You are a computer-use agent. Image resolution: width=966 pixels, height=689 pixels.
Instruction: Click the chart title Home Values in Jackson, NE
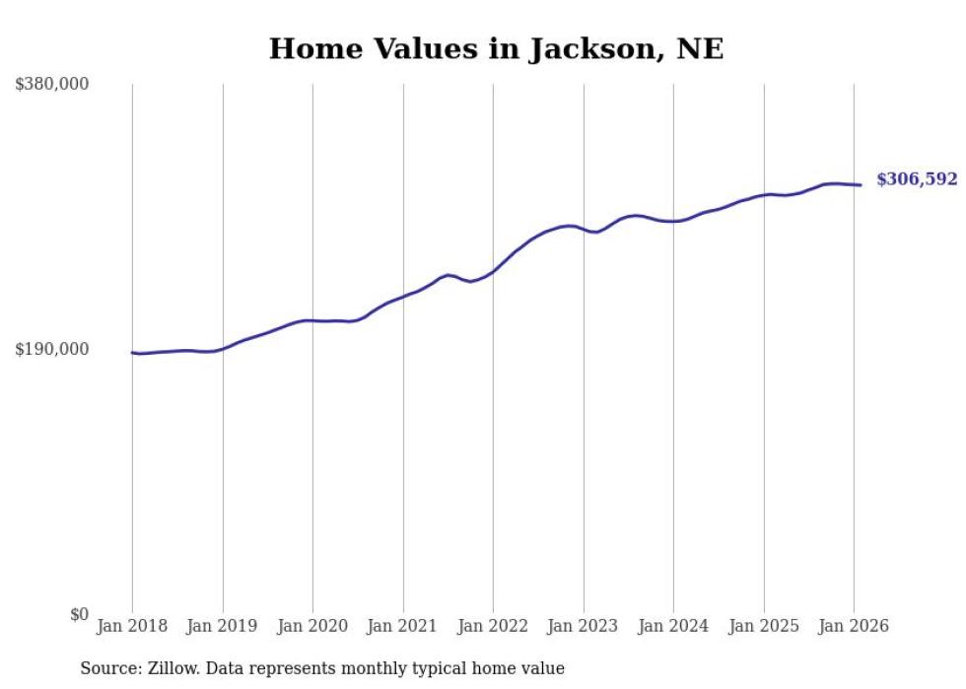click(496, 49)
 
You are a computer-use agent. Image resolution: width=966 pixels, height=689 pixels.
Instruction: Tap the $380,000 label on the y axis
click(52, 85)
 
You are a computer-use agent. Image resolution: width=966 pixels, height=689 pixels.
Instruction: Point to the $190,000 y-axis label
click(52, 349)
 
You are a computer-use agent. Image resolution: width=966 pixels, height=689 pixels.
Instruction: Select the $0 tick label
click(79, 614)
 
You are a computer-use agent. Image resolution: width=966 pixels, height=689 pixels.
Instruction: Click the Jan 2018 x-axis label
click(132, 626)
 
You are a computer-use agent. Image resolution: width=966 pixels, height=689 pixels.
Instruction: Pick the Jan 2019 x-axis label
click(223, 626)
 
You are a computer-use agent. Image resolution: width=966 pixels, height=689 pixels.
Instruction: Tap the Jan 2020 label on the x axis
click(312, 626)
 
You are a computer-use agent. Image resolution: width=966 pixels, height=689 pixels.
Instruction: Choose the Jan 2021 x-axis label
click(403, 626)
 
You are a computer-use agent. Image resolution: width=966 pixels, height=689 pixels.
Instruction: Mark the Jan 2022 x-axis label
click(493, 626)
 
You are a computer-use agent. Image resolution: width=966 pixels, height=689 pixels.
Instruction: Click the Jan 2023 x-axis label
click(584, 626)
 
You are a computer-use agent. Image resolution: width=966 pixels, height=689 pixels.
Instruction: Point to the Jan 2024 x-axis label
click(673, 626)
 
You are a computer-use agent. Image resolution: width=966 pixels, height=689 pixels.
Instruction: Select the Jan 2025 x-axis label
click(764, 626)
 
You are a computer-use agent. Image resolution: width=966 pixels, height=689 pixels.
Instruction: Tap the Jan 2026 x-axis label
click(854, 626)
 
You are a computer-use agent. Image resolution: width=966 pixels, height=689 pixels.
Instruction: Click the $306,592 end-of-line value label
click(917, 179)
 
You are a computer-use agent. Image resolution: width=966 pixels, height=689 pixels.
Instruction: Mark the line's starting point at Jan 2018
click(133, 352)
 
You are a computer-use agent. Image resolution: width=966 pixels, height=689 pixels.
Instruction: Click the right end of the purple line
click(861, 185)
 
